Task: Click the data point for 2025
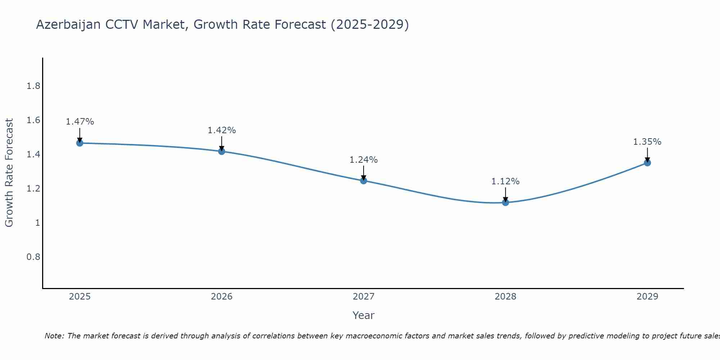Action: (x=80, y=143)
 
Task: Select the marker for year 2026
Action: (x=222, y=151)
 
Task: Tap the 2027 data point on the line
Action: (x=364, y=181)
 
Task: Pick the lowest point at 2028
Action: (x=505, y=202)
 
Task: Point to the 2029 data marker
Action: (x=647, y=163)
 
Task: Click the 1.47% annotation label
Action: (x=80, y=122)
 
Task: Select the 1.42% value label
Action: (x=222, y=130)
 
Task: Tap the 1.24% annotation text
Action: (x=364, y=160)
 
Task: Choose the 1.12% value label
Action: (x=505, y=181)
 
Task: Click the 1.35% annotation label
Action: (x=647, y=142)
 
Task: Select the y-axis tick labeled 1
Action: (x=37, y=223)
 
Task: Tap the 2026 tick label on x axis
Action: (x=222, y=297)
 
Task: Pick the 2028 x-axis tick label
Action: (x=505, y=297)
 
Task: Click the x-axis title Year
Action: (x=364, y=315)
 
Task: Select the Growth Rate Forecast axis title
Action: (x=9, y=173)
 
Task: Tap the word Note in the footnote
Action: (x=54, y=336)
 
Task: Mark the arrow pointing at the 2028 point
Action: (x=505, y=194)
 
